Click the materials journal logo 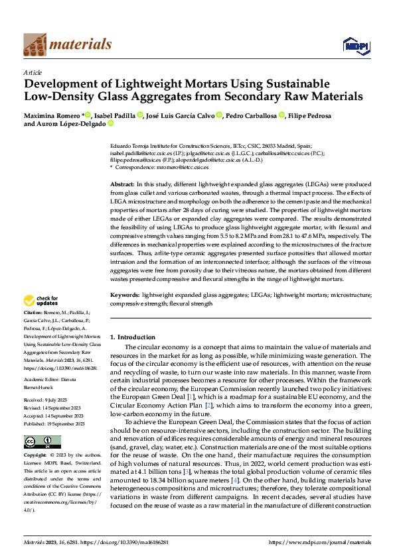(x=67, y=44)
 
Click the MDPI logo (x=356, y=44)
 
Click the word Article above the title (x=33, y=72)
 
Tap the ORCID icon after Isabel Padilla (x=140, y=115)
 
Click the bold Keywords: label (x=124, y=294)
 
